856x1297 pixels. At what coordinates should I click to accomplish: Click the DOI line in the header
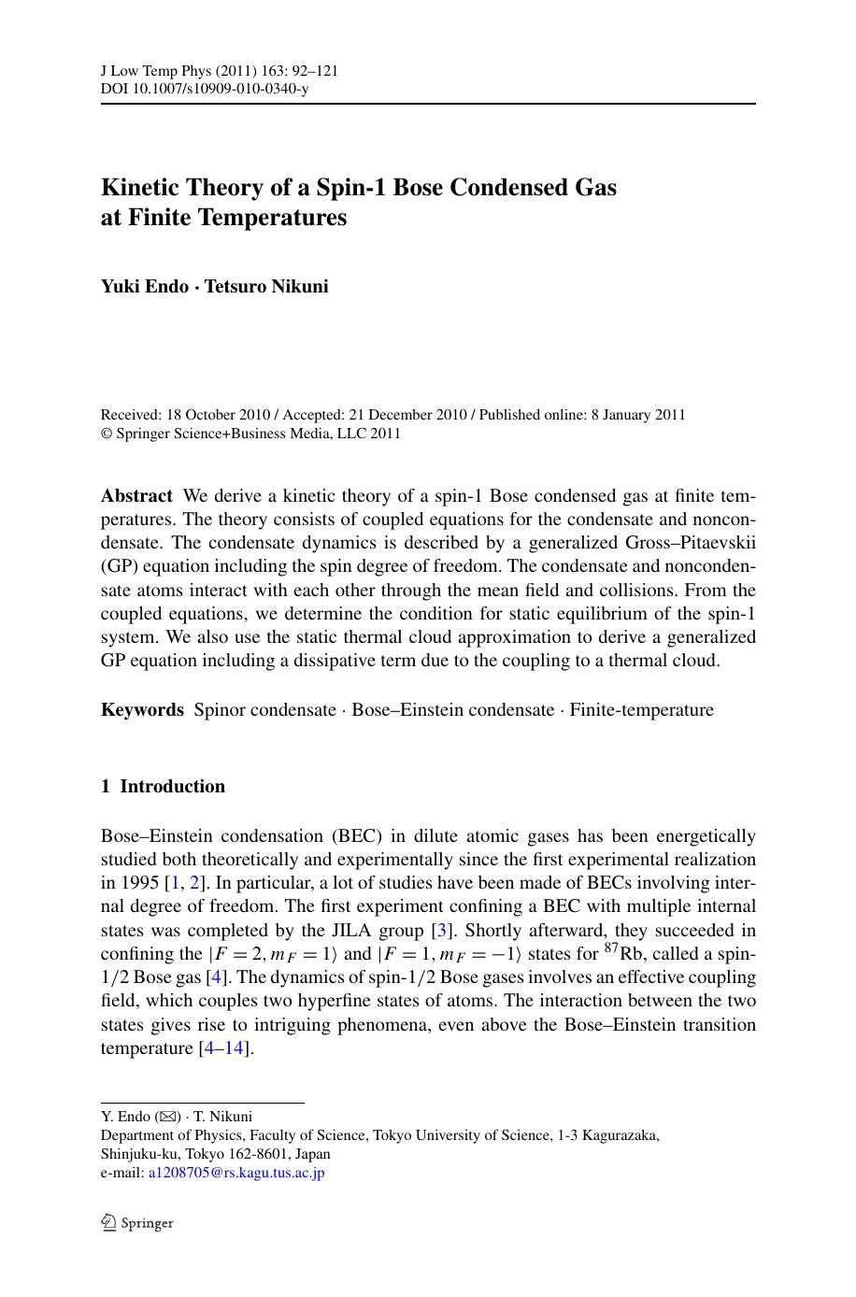tap(204, 89)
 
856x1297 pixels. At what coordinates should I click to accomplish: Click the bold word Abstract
tap(136, 496)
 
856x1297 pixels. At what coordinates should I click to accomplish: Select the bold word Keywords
tap(142, 710)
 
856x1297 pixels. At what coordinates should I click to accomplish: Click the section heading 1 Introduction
tap(163, 787)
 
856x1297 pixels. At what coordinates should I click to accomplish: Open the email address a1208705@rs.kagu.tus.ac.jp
tap(235, 1173)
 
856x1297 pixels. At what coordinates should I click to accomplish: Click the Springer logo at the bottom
tap(137, 1222)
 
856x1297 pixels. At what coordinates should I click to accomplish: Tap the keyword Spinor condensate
tap(264, 710)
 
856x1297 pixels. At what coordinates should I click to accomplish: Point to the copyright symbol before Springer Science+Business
tap(106, 434)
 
